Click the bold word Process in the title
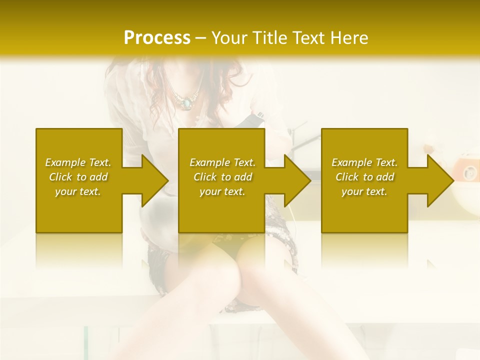157,38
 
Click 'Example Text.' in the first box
78,162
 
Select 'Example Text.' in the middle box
222,162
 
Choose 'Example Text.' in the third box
364,162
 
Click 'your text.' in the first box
78,191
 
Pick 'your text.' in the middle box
222,191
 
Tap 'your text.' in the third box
364,191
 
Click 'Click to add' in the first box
78,177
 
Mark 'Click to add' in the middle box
222,177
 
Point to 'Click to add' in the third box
364,177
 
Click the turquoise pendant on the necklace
187,104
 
